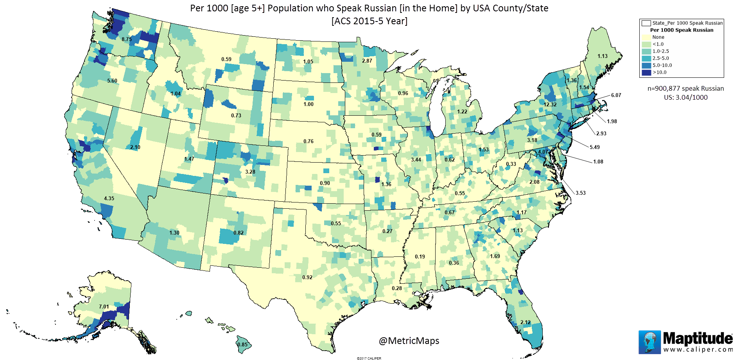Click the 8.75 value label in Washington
click(x=126, y=39)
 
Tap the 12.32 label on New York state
click(x=550, y=105)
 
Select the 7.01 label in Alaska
click(x=104, y=307)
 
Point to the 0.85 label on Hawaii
click(x=242, y=345)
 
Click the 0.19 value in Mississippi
click(x=420, y=257)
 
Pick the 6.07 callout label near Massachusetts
click(x=616, y=95)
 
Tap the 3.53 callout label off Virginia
click(x=580, y=193)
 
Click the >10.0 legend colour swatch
click(x=646, y=72)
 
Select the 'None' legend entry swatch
click(x=646, y=37)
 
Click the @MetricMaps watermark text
click(x=409, y=341)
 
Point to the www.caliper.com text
click(x=698, y=349)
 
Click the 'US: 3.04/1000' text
click(x=685, y=97)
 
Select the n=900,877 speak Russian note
click(x=685, y=89)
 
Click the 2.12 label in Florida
click(x=525, y=322)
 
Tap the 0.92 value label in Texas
click(x=307, y=278)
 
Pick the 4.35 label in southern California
click(x=109, y=199)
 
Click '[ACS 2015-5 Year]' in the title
click(x=369, y=21)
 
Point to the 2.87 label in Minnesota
click(x=367, y=61)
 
